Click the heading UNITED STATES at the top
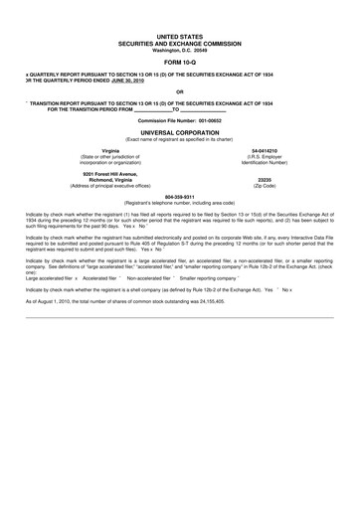[179, 35]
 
